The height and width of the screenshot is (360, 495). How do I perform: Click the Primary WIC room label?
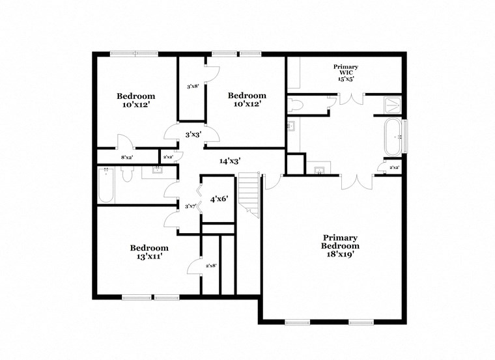[345, 72]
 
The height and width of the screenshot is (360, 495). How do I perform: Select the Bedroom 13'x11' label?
[149, 252]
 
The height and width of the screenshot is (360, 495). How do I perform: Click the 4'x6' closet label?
[218, 199]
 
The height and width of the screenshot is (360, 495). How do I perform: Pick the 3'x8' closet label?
[192, 86]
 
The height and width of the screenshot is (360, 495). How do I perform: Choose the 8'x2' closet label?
[127, 157]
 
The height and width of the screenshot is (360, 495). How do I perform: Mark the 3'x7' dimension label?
[190, 206]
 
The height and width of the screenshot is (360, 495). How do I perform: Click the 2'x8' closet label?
[211, 266]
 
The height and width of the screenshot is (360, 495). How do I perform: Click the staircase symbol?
[248, 193]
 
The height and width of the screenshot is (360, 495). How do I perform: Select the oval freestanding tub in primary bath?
[393, 137]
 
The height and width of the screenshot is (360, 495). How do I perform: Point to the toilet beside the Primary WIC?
[296, 105]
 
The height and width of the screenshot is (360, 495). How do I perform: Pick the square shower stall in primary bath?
[392, 105]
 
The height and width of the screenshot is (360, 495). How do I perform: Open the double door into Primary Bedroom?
[357, 182]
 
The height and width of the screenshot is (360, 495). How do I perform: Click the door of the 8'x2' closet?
[124, 143]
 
